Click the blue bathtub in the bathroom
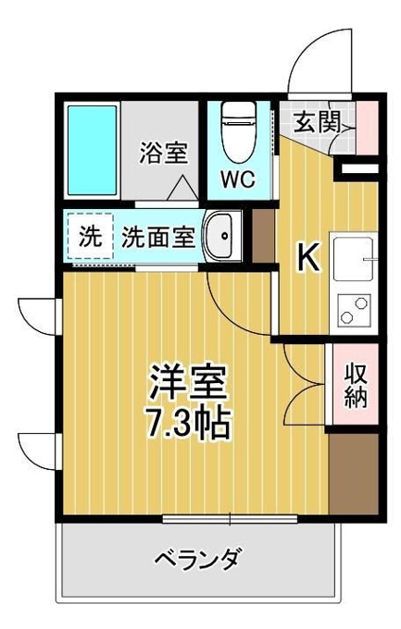coord(92,150)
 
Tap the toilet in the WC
coord(239,131)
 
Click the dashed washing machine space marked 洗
coord(90,236)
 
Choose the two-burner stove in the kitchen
coord(354,309)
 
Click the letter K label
coord(308,258)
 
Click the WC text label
coord(238,179)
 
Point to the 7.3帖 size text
coord(189,424)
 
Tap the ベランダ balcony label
coord(198,558)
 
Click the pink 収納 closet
coord(356,384)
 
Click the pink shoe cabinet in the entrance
coord(368,128)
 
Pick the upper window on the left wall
coord(40,316)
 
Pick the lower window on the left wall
coord(40,451)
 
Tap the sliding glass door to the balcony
coord(230,519)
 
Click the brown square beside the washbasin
coord(263,236)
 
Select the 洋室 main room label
coord(189,382)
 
